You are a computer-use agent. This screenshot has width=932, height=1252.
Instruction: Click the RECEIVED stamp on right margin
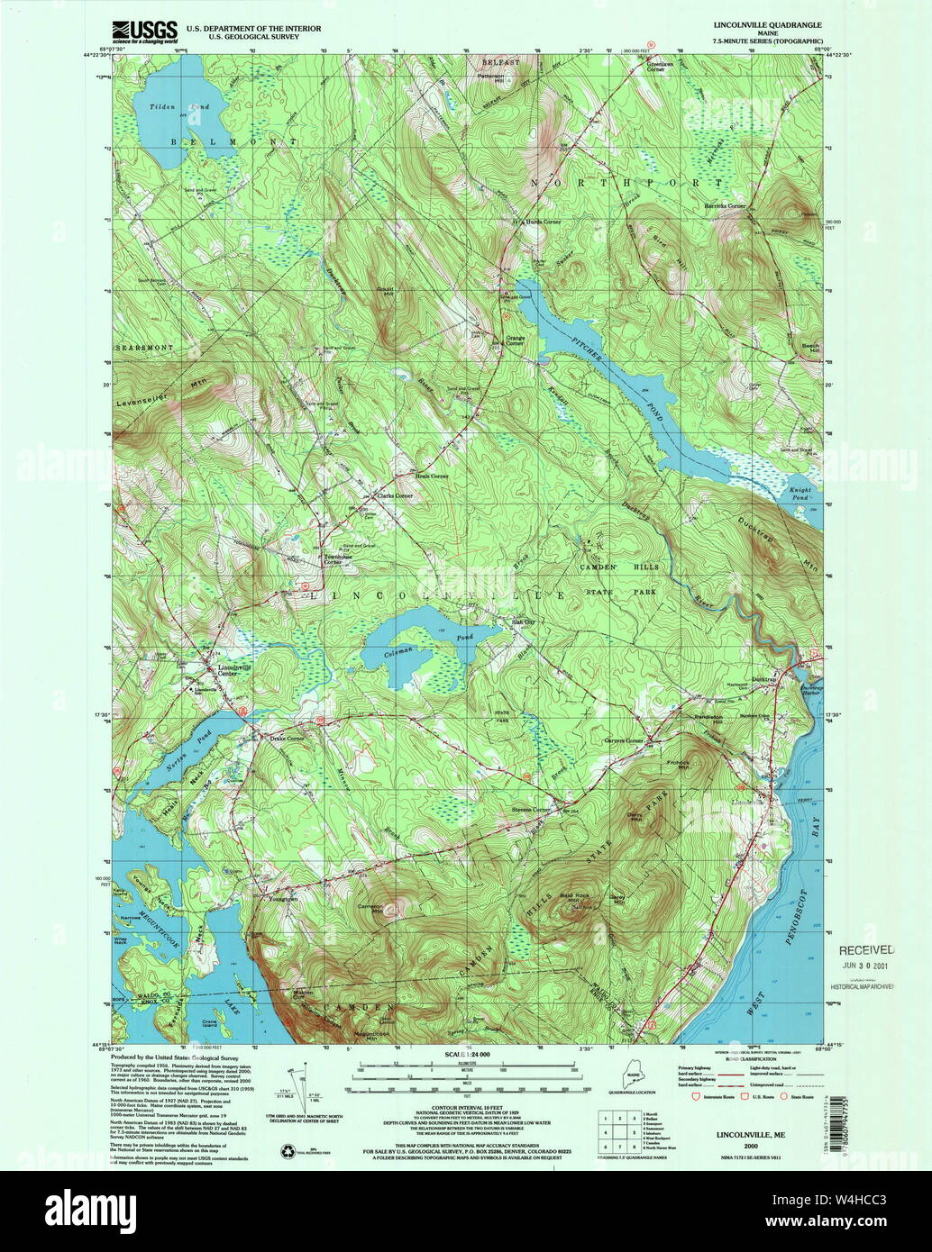[866, 949]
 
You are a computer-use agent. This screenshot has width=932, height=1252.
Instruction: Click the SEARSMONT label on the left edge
[143, 347]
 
